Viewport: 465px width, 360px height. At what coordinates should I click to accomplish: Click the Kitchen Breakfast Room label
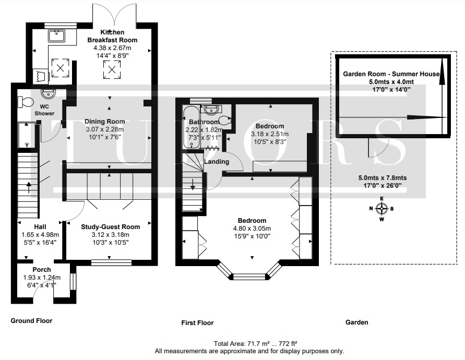[112, 36]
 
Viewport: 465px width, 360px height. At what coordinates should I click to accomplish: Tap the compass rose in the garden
[381, 209]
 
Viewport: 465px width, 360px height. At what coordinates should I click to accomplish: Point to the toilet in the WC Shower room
[23, 101]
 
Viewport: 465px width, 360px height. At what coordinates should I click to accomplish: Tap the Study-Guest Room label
[111, 227]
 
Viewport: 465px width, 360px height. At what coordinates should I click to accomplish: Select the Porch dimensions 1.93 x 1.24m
[41, 278]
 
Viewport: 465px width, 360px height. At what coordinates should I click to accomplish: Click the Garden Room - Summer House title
[391, 74]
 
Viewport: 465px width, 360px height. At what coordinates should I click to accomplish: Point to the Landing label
[217, 162]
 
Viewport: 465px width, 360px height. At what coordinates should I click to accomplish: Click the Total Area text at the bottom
[256, 344]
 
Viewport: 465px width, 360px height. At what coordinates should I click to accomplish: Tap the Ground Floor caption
[31, 321]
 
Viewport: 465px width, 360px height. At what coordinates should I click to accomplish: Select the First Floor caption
[197, 323]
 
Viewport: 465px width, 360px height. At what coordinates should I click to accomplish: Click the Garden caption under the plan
[356, 322]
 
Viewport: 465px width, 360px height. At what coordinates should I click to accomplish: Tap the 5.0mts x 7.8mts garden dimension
[382, 178]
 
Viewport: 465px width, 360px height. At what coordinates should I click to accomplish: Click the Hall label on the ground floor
[40, 227]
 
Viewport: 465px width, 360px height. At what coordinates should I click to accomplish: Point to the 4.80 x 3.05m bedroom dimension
[252, 228]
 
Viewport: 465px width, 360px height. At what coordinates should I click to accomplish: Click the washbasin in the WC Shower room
[51, 95]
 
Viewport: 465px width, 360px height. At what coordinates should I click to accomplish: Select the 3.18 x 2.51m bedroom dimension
[269, 134]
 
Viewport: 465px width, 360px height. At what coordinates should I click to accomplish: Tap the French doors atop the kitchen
[116, 13]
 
